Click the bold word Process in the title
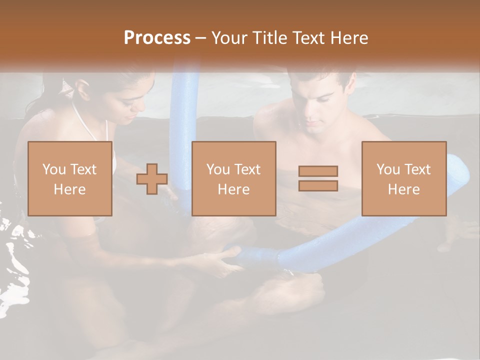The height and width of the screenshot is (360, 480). [x=157, y=38]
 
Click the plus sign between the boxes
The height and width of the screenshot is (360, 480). [x=152, y=178]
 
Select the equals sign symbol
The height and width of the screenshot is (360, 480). [x=318, y=178]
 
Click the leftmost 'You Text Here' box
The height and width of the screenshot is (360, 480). [x=70, y=178]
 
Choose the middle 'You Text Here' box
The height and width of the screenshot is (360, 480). [x=234, y=178]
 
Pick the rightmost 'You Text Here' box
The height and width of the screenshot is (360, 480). [x=404, y=178]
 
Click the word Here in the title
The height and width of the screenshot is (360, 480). [x=348, y=38]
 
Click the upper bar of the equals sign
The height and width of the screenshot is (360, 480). [x=318, y=171]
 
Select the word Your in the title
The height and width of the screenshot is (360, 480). [x=228, y=38]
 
